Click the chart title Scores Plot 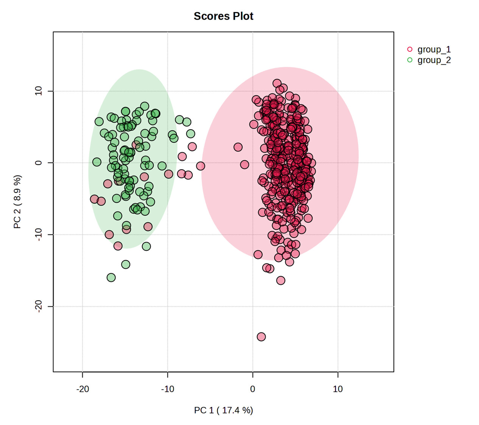(x=223, y=16)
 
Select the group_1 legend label (x=434, y=49)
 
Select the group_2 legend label (x=434, y=60)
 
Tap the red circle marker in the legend (x=409, y=49)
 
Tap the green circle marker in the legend (x=409, y=60)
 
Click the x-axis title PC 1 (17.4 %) (x=223, y=410)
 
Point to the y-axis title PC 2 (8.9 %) (x=17, y=202)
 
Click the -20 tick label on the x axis (x=82, y=389)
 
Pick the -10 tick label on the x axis (x=168, y=389)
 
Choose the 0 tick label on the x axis (x=252, y=389)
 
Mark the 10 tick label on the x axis (x=337, y=389)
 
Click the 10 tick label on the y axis (x=39, y=91)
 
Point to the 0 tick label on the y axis (x=39, y=163)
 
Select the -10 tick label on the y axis (x=39, y=235)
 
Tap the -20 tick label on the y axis (x=39, y=306)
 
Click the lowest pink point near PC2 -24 (x=261, y=337)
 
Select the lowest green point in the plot (x=111, y=278)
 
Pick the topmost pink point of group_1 (x=277, y=83)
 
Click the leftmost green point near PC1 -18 (x=97, y=162)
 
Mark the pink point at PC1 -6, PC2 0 (x=201, y=166)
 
